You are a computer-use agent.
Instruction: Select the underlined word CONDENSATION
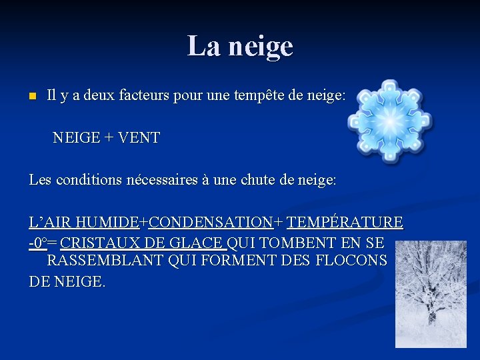(211, 221)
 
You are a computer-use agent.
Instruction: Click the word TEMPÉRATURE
(345, 221)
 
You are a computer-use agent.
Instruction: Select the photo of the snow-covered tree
(431, 294)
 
